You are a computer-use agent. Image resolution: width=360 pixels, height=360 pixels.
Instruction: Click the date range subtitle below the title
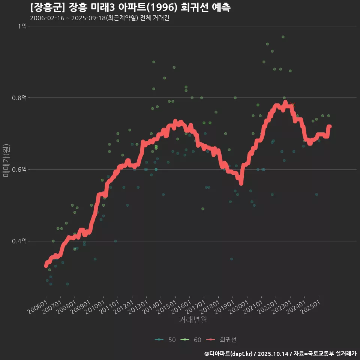[99, 18]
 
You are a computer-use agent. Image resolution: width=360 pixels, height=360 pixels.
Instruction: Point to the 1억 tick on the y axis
[22, 26]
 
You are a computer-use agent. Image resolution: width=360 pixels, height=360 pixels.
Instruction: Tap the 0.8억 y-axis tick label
[19, 98]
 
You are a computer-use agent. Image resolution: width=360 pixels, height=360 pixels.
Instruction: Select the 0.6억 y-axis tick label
[19, 169]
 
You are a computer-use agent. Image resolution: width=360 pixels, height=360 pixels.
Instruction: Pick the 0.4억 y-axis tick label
[19, 241]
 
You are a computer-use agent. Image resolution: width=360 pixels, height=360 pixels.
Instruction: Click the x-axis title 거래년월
[193, 319]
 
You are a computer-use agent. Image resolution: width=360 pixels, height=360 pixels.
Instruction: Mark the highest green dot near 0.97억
[283, 37]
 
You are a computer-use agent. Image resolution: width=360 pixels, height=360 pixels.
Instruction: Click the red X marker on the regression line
[293, 105]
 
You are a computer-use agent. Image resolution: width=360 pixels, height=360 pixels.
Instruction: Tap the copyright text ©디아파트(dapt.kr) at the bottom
[229, 354]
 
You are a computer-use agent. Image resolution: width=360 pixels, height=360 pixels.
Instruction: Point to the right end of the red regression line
[330, 127]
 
